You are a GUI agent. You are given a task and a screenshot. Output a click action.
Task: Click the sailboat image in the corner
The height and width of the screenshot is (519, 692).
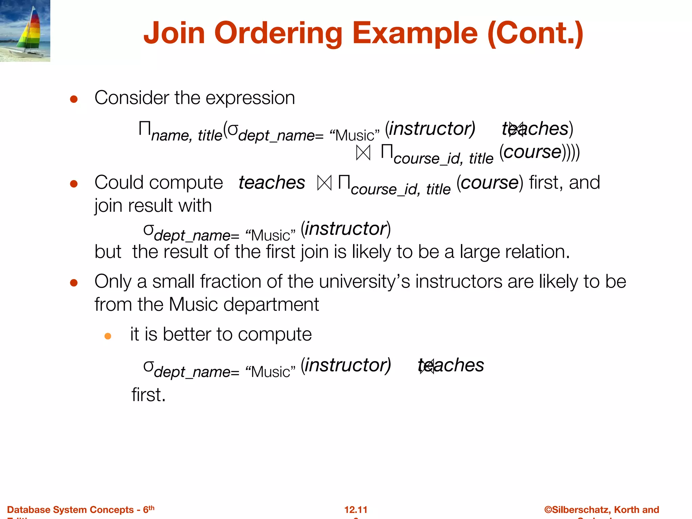pyautogui.click(x=25, y=31)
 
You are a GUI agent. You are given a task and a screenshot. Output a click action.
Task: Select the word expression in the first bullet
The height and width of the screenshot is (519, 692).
pyautogui.click(x=250, y=98)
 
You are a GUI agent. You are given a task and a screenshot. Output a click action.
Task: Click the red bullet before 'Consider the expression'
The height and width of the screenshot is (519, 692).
pyautogui.click(x=74, y=99)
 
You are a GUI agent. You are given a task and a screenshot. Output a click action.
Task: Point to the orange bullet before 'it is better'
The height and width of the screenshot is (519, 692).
pyautogui.click(x=108, y=336)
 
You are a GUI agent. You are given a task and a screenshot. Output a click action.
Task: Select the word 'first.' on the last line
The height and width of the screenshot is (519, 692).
pyautogui.click(x=148, y=395)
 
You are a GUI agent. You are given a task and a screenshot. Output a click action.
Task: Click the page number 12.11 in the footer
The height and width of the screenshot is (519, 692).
pyautogui.click(x=356, y=510)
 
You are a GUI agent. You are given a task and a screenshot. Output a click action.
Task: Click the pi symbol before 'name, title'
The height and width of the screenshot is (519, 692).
pyautogui.click(x=145, y=129)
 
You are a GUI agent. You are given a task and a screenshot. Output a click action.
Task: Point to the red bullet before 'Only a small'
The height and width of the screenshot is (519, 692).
pyautogui.click(x=74, y=282)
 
